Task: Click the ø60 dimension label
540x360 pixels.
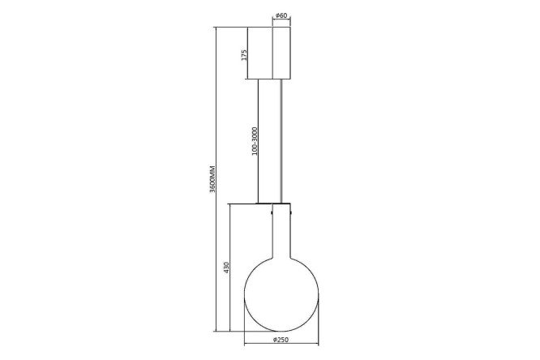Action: click(281, 15)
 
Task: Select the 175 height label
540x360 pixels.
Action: click(244, 55)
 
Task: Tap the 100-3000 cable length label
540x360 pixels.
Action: click(255, 141)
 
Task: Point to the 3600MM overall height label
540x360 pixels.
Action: click(212, 179)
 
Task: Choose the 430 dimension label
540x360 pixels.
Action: click(226, 268)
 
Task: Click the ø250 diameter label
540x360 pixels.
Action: click(281, 340)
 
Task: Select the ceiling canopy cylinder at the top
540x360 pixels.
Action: click(281, 53)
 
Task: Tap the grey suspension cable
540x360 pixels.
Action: click(281, 141)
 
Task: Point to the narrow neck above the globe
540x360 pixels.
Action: click(281, 231)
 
